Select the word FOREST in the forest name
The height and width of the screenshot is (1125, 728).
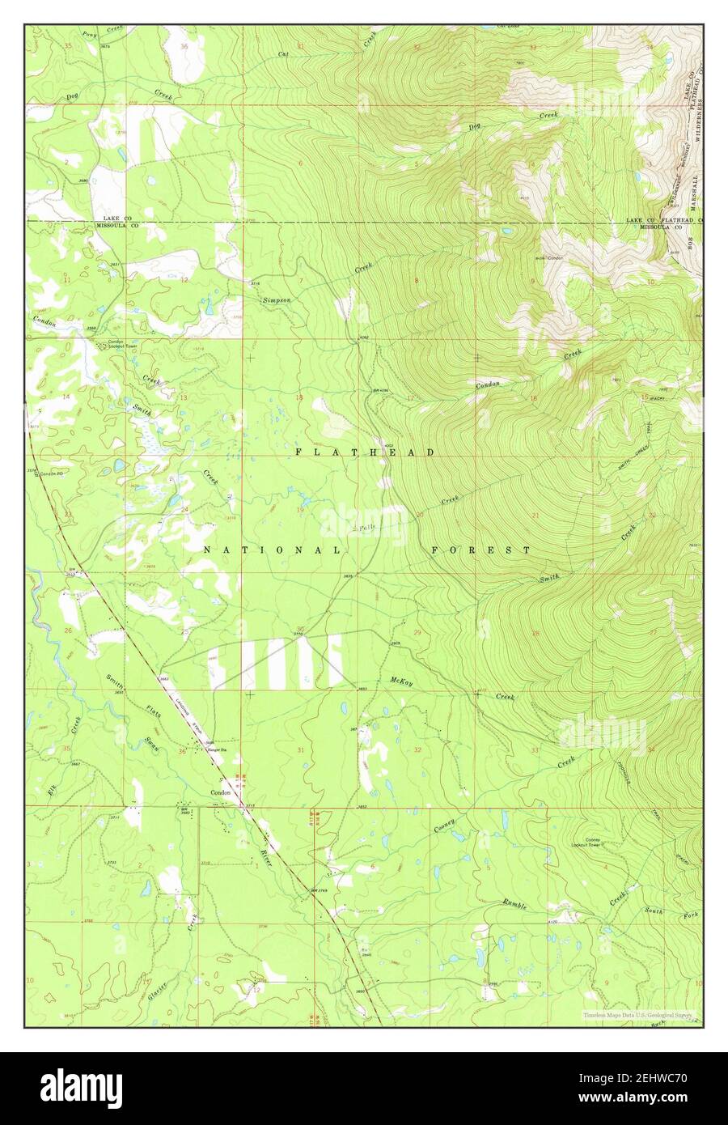pyautogui.click(x=481, y=550)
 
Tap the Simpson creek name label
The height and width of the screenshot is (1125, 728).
pyautogui.click(x=275, y=299)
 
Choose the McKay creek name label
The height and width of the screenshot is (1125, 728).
pyautogui.click(x=401, y=683)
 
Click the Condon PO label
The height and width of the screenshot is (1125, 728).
pyautogui.click(x=52, y=473)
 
